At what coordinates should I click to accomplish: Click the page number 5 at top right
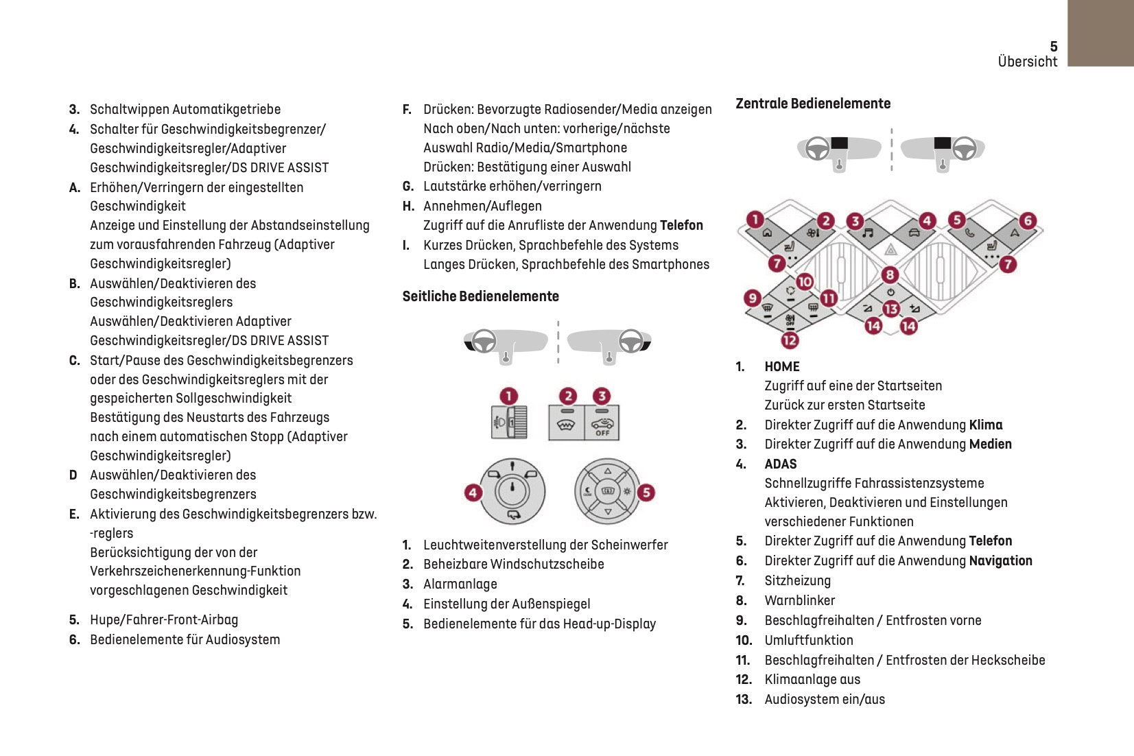click(1053, 46)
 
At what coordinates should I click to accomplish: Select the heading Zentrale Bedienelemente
click(813, 104)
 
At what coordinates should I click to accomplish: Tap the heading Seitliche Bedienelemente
click(480, 296)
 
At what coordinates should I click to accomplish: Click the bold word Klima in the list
click(986, 425)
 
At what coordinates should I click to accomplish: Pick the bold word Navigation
click(1000, 560)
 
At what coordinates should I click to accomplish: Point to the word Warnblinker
click(799, 600)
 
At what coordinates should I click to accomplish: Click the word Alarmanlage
click(460, 584)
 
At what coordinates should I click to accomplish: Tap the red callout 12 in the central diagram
click(790, 340)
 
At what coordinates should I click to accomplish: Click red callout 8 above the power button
click(890, 275)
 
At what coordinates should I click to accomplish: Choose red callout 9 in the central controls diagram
click(753, 298)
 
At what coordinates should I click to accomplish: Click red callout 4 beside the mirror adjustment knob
click(473, 492)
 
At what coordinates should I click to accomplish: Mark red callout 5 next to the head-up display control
click(646, 492)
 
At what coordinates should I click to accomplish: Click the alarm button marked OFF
click(602, 423)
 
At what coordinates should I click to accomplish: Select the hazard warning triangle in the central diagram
click(890, 250)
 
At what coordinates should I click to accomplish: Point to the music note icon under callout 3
click(867, 233)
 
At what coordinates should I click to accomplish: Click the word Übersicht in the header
click(1027, 62)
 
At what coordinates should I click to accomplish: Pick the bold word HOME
click(782, 366)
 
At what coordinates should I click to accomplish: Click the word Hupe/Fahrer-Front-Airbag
click(164, 619)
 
